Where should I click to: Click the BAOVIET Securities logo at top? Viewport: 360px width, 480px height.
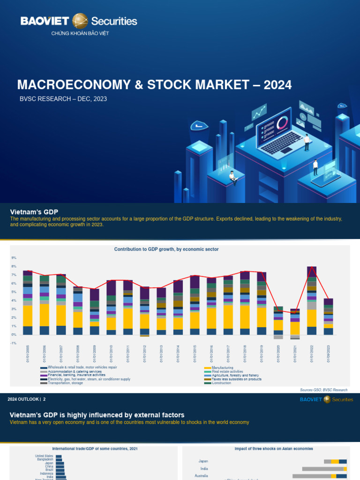79,21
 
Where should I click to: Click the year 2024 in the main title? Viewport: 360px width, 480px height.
277,85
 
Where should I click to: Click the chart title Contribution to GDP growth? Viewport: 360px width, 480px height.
166,249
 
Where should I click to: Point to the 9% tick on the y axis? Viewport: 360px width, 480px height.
14,258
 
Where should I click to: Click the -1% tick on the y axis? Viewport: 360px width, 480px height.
14,343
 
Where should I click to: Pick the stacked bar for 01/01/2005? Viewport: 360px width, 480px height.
28,302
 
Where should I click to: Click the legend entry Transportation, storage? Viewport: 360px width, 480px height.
65,383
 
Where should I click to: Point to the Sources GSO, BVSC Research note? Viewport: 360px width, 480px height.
324,390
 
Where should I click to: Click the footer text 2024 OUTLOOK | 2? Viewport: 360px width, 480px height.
27,399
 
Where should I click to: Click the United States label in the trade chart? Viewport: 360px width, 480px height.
45,456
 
